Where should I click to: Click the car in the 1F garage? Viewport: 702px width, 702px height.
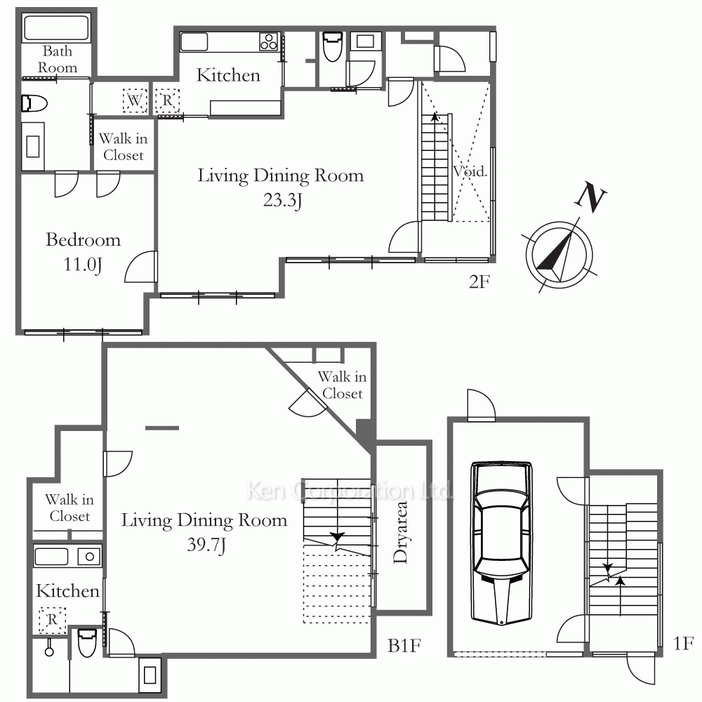coord(501,543)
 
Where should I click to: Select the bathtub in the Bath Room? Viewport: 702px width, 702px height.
coord(56,28)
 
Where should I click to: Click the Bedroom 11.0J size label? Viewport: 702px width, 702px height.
coord(83,264)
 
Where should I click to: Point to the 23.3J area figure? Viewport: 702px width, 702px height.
coord(282,199)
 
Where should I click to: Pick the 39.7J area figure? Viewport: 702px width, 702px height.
coord(206,545)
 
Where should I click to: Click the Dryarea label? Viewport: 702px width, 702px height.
coord(400,532)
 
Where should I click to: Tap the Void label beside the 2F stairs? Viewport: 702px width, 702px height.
coord(470,171)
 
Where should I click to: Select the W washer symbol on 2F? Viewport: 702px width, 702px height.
coord(135,100)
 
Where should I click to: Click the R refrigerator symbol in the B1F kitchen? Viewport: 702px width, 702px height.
coord(53,620)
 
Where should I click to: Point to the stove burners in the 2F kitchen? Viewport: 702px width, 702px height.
coord(269,41)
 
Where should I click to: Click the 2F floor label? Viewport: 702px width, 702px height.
coord(479,282)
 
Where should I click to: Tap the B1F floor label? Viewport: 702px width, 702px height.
coord(404,646)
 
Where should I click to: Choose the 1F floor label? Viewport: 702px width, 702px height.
coord(683,643)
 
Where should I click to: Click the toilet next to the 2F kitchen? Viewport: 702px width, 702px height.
coord(332,46)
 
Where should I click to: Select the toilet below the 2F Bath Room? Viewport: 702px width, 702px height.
coord(34,103)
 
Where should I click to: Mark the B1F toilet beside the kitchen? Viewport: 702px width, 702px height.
coord(87,643)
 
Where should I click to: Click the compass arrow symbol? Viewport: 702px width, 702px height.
coord(559,256)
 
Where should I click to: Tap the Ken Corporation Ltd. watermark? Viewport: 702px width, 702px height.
coord(350,491)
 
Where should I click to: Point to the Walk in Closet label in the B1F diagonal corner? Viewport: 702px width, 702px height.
coord(343,385)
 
